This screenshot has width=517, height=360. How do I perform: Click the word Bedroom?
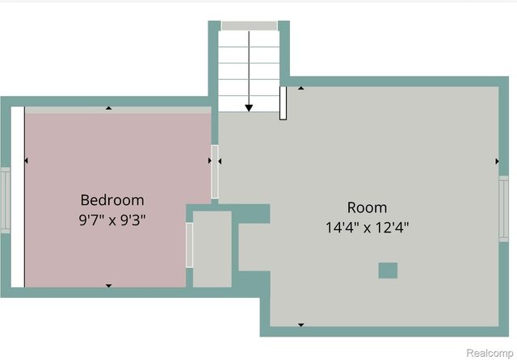click(x=112, y=199)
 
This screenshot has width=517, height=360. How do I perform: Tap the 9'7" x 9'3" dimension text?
click(x=112, y=218)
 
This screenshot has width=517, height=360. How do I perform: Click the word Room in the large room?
click(x=367, y=207)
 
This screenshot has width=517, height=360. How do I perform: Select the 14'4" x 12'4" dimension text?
click(x=367, y=227)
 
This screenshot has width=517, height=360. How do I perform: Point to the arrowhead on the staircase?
click(x=249, y=106)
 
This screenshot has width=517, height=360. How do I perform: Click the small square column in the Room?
click(x=388, y=270)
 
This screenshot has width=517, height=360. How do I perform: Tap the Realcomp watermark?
click(x=487, y=353)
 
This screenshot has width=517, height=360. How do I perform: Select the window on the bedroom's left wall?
click(x=4, y=199)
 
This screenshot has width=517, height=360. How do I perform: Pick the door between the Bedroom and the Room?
click(x=215, y=171)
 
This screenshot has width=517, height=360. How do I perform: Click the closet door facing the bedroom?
click(x=190, y=245)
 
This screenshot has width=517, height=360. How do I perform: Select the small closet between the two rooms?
click(x=212, y=249)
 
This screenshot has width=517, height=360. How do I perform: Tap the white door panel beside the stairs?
click(x=283, y=103)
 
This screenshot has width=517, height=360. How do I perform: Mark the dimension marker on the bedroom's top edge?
click(x=109, y=108)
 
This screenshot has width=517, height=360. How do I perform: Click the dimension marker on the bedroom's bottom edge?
click(x=109, y=285)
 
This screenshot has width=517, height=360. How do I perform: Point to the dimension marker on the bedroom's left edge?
click(x=27, y=161)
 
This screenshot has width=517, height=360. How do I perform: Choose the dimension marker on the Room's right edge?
click(x=497, y=161)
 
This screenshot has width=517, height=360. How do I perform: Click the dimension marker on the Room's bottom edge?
click(x=301, y=324)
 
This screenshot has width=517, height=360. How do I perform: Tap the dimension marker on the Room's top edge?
click(x=301, y=88)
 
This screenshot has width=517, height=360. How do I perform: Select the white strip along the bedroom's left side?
click(x=17, y=196)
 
